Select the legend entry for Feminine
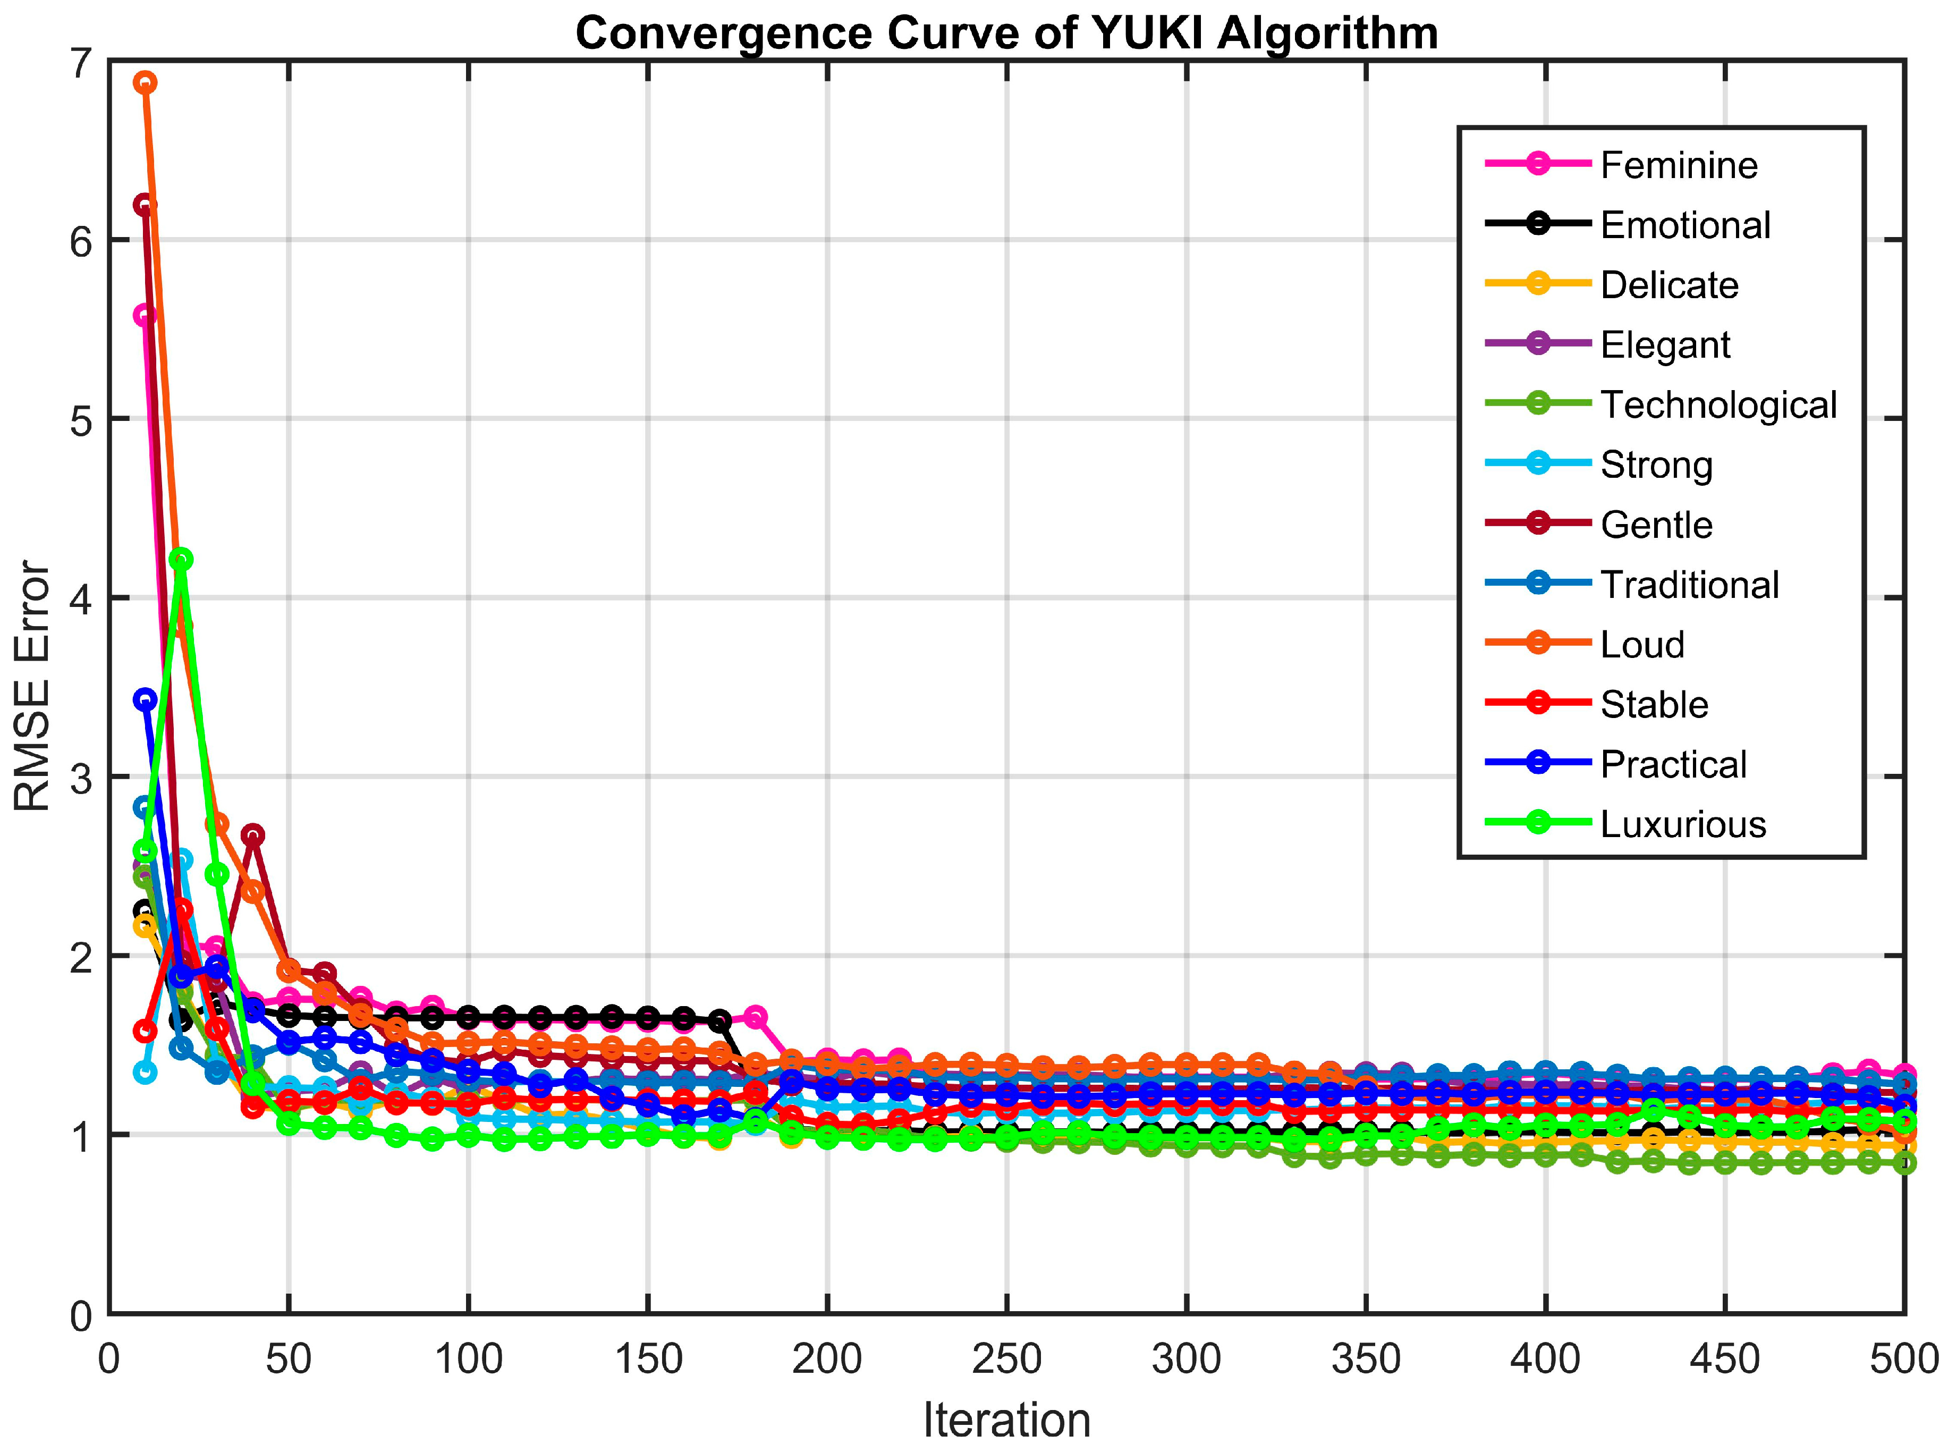pyautogui.click(x=1678, y=165)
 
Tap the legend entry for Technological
pyautogui.click(x=1718, y=405)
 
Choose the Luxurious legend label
pyautogui.click(x=1683, y=824)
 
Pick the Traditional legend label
pyautogui.click(x=1689, y=585)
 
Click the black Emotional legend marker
pyautogui.click(x=1538, y=223)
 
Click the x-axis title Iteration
pyautogui.click(x=1006, y=1420)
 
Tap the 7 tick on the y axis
pyautogui.click(x=81, y=63)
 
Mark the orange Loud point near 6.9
pyautogui.click(x=145, y=82)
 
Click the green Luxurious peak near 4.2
pyautogui.click(x=181, y=559)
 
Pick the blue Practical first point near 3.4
pyautogui.click(x=145, y=699)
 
